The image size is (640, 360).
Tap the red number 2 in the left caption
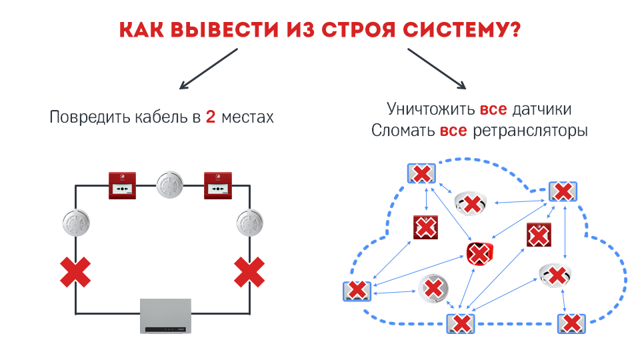210,117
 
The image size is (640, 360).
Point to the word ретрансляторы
529,131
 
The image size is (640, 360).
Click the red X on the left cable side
75,272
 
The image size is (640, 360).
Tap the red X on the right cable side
250,272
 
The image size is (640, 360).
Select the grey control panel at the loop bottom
165,315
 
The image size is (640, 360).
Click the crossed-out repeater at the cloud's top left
421,174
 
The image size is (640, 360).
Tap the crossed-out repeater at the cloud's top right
563,192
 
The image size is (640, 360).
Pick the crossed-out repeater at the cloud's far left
357,291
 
